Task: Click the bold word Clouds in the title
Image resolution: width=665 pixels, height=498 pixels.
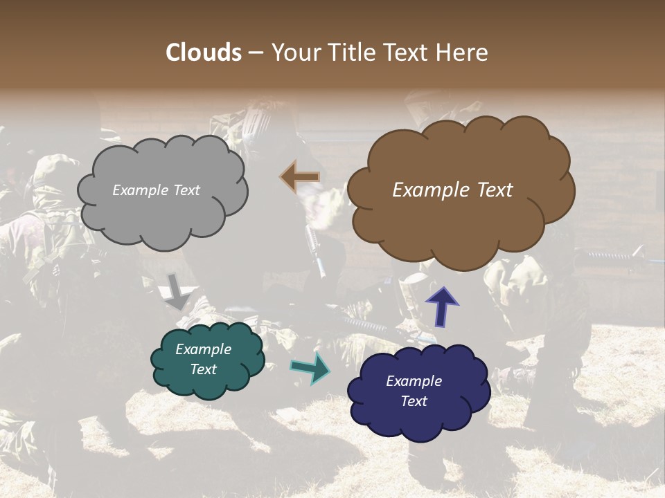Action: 204,53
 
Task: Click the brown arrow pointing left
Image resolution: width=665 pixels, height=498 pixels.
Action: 300,177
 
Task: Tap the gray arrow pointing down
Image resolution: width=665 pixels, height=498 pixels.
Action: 177,291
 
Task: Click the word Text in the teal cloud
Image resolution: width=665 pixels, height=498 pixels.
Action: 204,369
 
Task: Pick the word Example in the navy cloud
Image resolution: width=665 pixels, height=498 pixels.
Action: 414,381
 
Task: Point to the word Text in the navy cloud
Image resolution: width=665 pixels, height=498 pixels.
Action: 414,401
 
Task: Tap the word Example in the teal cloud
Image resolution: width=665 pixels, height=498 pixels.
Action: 203,349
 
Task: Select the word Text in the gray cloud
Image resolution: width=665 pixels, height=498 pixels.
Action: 186,190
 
